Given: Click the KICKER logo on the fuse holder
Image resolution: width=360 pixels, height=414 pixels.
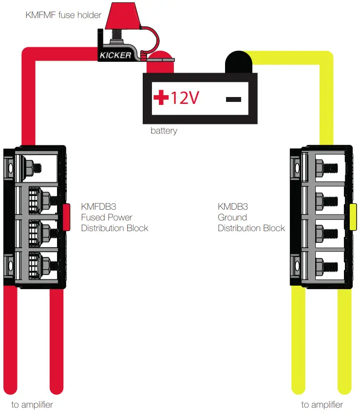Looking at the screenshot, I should [115, 55].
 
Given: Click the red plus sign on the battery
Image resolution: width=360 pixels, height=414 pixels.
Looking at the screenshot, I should [160, 99].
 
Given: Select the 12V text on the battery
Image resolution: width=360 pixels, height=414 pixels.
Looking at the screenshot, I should [185, 99].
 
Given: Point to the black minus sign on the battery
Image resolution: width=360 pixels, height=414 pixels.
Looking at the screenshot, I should [233, 99].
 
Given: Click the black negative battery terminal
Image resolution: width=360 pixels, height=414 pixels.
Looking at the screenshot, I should [238, 61].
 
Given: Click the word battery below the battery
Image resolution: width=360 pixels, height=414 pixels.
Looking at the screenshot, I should [164, 131].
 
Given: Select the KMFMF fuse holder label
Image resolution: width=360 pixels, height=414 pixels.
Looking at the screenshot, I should [63, 15].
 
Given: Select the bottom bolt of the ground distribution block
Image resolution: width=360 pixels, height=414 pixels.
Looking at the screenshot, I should [325, 266].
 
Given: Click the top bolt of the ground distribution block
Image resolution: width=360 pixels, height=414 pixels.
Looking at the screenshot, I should [325, 169].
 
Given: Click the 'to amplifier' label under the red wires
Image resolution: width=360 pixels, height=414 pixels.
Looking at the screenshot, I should [32, 405].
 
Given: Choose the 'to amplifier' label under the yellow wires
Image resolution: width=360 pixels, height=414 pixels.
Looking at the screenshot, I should [322, 405].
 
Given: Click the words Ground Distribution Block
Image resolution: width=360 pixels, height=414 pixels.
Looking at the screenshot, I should [251, 223].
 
